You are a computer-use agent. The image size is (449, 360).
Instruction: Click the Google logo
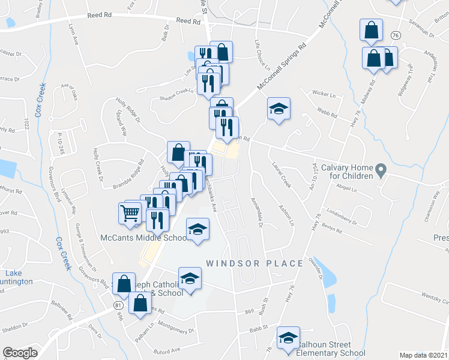click(x=20, y=353)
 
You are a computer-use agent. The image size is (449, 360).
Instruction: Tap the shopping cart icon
click(x=130, y=212)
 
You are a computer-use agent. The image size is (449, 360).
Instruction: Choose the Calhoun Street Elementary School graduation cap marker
click(x=288, y=337)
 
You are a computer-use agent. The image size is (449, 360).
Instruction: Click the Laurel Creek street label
click(x=282, y=176)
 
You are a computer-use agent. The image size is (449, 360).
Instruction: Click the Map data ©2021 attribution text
click(x=423, y=355)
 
